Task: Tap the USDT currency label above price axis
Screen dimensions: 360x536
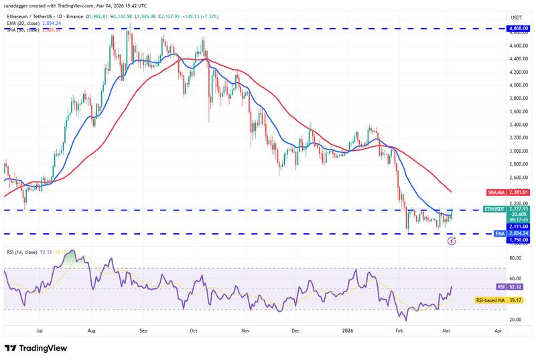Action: click(x=517, y=17)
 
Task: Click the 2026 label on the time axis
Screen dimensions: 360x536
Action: click(x=348, y=331)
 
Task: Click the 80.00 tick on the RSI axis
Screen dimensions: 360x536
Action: click(x=515, y=258)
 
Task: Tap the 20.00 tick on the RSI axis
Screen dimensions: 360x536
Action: click(x=515, y=320)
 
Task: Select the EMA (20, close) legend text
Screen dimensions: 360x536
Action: click(x=30, y=23)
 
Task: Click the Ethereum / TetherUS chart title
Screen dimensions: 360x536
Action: click(x=40, y=16)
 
